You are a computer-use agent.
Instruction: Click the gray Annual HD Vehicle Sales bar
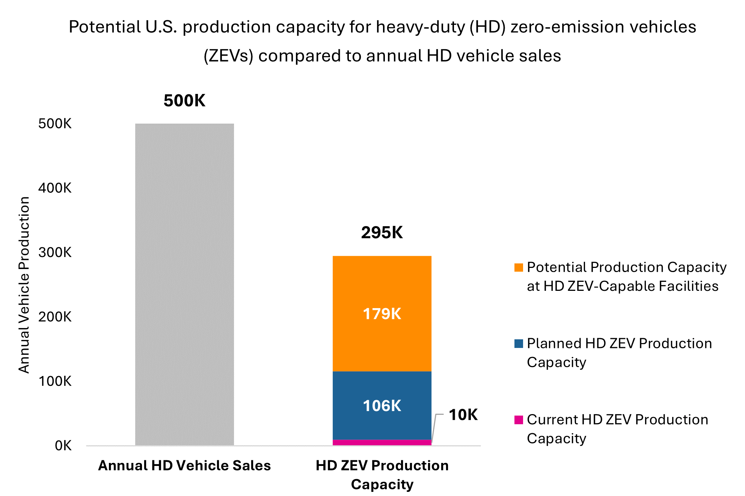tap(184, 284)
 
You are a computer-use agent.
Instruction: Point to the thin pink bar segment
tap(382, 443)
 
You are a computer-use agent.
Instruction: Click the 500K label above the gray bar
tap(184, 101)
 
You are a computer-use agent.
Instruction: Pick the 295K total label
tap(382, 233)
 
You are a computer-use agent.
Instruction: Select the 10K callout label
tap(463, 415)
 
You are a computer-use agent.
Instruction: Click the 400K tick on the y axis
tap(55, 188)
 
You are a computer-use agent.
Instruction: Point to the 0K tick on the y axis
tap(63, 446)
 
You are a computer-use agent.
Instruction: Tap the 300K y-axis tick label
tap(55, 253)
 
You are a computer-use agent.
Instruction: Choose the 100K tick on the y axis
tap(55, 381)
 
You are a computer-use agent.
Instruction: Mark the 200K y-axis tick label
tap(55, 317)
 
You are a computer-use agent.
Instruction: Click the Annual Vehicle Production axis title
tap(24, 284)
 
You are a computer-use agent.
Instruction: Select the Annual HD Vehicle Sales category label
tap(184, 466)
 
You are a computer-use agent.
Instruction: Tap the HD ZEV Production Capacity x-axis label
tap(382, 475)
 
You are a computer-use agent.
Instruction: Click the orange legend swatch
tap(519, 268)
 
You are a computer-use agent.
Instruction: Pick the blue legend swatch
tap(519, 343)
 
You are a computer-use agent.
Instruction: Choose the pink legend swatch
tap(519, 420)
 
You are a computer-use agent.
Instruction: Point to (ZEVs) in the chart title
tap(228, 56)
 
